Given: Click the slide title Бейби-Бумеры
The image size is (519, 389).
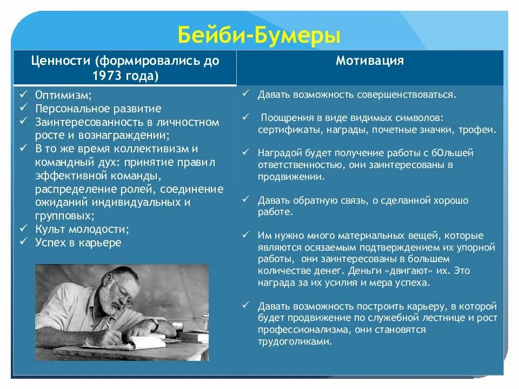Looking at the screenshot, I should [259, 36].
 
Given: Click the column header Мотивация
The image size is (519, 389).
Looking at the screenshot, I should [370, 61].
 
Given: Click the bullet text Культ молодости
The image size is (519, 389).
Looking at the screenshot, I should [82, 229].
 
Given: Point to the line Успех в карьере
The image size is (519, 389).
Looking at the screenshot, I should [78, 243].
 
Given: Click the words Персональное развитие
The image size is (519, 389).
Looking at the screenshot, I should [98, 109].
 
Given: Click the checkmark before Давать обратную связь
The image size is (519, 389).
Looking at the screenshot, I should [245, 199].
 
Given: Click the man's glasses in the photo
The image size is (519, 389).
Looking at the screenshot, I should [123, 295].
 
